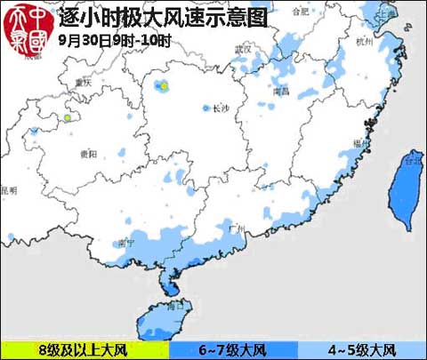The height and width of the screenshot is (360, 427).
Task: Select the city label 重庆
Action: [x=85, y=83]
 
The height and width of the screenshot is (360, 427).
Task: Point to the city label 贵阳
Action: [x=88, y=155]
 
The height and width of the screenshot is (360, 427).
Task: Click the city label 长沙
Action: [x=222, y=108]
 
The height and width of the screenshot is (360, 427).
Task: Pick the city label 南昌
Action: [x=281, y=91]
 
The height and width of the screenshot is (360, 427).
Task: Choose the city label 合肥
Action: [x=302, y=12]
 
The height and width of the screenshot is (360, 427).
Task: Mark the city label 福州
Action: [x=359, y=142]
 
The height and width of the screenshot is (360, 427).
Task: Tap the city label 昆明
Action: [x=9, y=190]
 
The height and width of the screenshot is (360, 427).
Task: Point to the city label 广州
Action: [x=236, y=228]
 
